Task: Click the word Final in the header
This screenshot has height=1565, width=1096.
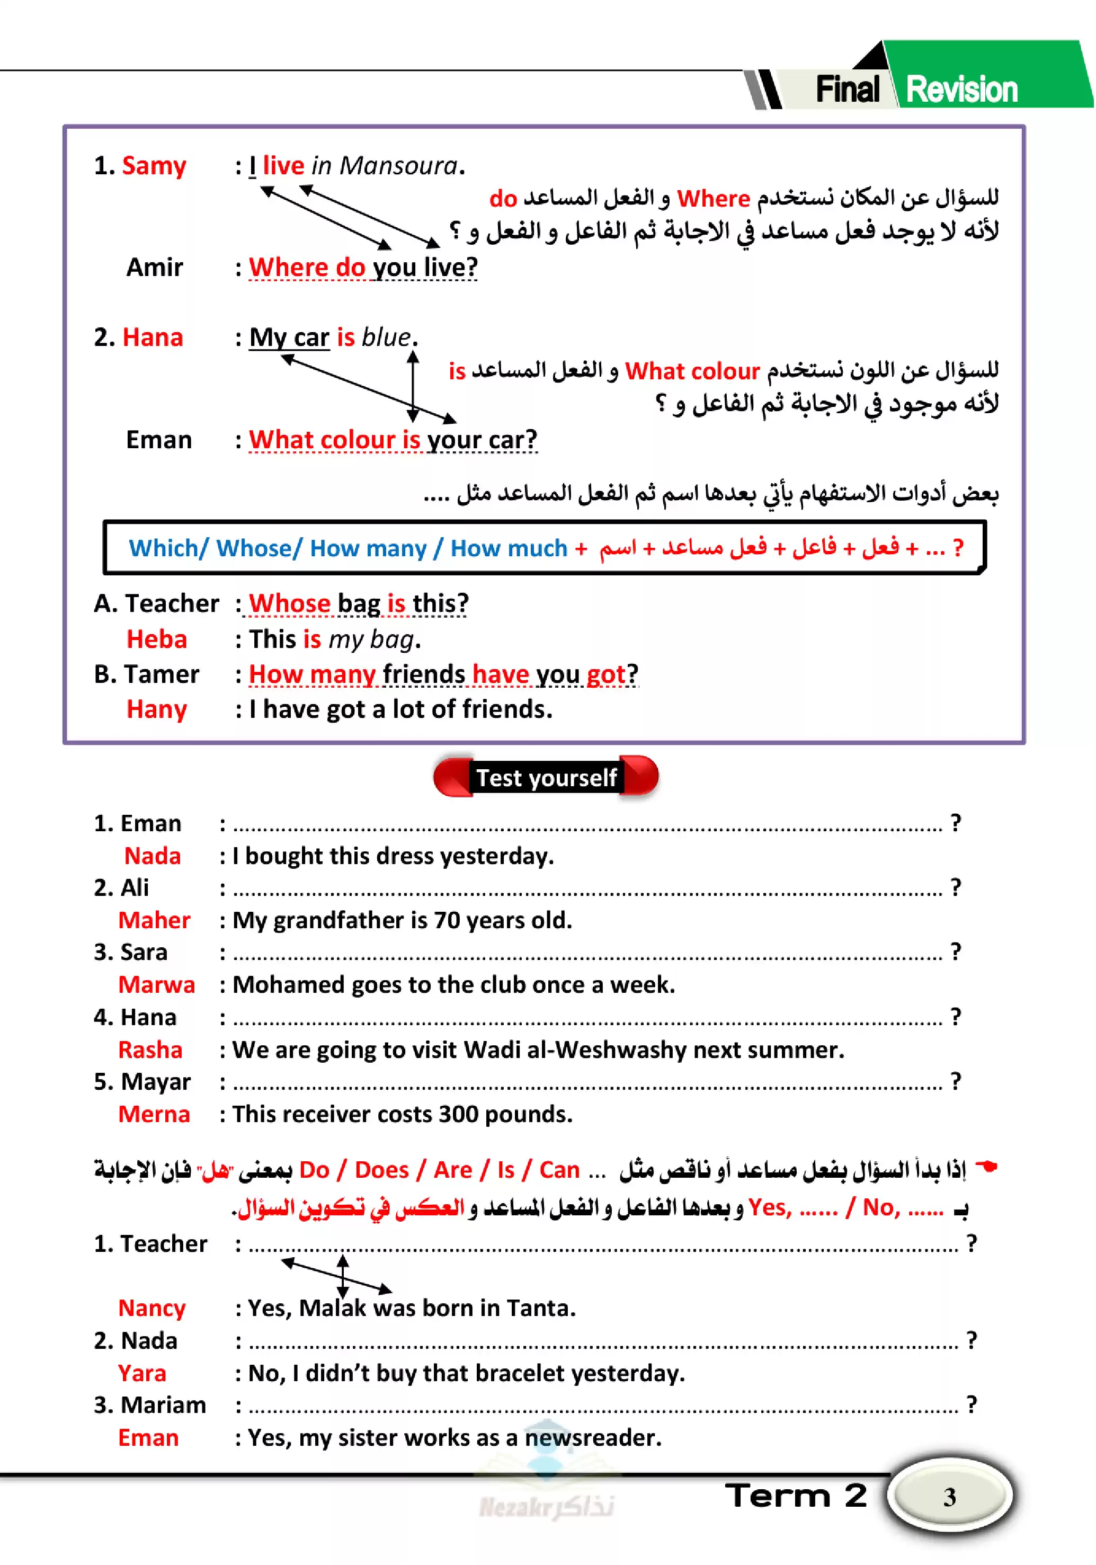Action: pos(846,90)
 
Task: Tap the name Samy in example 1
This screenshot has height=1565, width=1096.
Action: pos(154,166)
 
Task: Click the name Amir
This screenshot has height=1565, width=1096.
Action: pos(154,267)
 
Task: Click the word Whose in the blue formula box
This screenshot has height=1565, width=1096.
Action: pos(254,547)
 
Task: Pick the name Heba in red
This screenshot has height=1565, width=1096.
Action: pos(156,639)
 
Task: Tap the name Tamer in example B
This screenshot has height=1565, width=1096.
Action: pos(162,674)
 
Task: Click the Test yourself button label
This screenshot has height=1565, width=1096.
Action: pos(546,777)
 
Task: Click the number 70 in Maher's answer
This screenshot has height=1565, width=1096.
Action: pos(447,920)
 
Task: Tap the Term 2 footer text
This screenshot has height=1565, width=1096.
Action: pos(796,1496)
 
